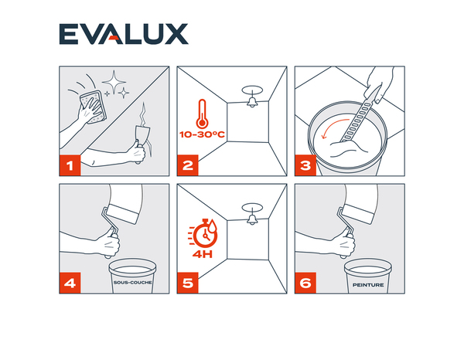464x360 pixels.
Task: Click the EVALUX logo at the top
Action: point(124,34)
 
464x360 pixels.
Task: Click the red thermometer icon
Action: point(201,113)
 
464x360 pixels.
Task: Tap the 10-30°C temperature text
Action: point(203,134)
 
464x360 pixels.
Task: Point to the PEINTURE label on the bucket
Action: point(367,284)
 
